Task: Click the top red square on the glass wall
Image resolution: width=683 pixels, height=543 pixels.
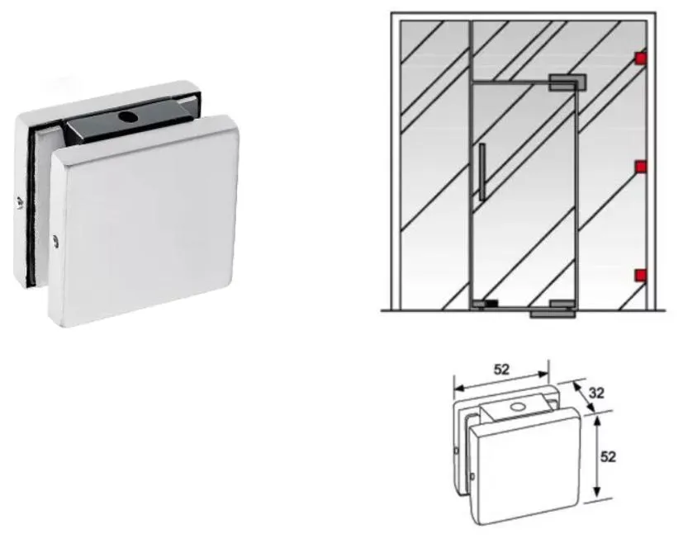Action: [x=640, y=59]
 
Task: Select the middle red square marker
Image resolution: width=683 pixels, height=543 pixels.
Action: [x=640, y=167]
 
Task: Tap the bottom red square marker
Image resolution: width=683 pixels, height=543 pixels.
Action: [x=640, y=276]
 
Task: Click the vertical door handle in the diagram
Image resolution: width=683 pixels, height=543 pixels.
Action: [x=481, y=171]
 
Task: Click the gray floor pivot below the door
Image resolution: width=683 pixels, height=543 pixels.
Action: [x=552, y=313]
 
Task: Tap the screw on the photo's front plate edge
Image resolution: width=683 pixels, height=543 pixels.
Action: [x=55, y=241]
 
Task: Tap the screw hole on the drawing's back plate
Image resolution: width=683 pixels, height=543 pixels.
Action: [x=457, y=451]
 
